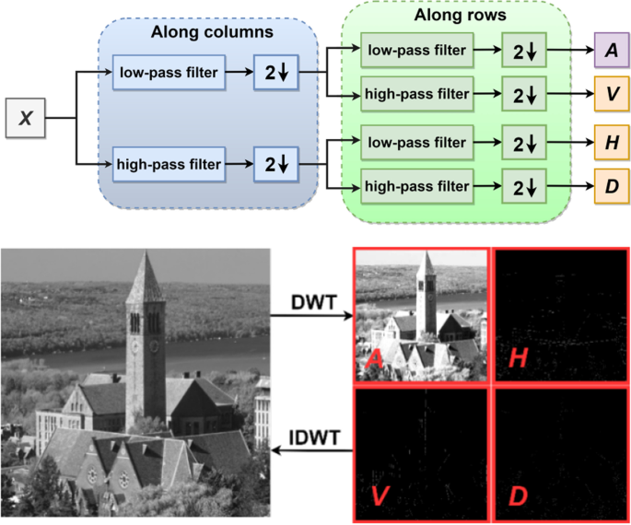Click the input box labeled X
pos(28,118)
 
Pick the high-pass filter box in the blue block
pos(169,165)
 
